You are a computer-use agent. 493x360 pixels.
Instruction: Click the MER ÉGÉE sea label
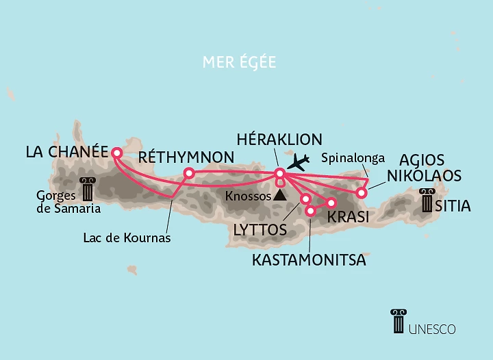(239, 62)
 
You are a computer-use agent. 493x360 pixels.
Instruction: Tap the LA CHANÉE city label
(67, 152)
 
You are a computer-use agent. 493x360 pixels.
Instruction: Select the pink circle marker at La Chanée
(116, 153)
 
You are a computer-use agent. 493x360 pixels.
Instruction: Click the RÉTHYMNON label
(186, 157)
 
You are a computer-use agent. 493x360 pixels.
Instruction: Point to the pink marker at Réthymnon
(190, 173)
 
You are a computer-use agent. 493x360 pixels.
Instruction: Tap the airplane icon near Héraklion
(299, 163)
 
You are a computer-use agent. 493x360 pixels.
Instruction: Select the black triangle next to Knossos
(279, 195)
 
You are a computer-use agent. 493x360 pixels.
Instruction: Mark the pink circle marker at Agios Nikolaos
(362, 193)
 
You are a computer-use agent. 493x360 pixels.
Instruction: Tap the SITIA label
(455, 205)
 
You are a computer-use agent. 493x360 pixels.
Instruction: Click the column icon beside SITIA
(427, 200)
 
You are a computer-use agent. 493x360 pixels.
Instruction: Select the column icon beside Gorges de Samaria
(88, 190)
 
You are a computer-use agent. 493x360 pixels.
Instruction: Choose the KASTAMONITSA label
(309, 260)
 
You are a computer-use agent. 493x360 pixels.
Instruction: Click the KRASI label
(349, 216)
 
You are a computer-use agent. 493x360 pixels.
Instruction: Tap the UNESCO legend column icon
(399, 322)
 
